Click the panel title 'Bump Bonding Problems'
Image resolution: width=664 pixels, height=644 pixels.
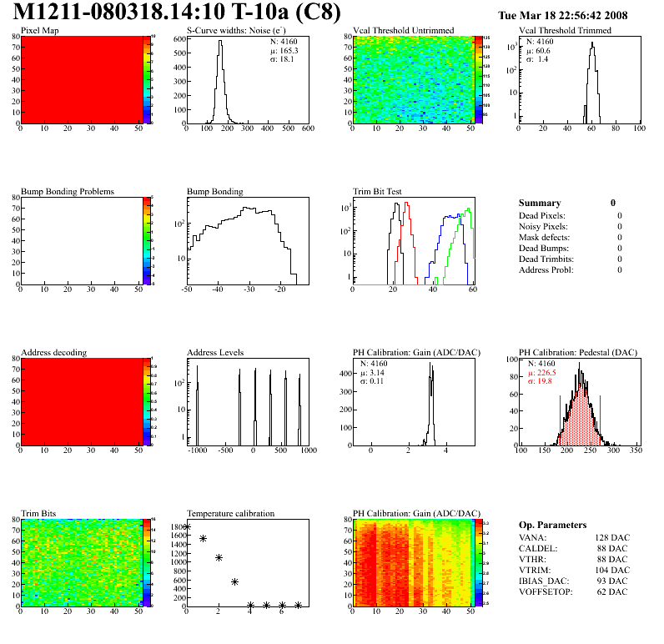(68, 191)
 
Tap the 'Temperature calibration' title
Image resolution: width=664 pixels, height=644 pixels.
(231, 513)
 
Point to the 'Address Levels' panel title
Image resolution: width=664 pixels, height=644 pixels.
(216, 352)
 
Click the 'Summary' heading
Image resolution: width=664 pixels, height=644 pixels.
(540, 203)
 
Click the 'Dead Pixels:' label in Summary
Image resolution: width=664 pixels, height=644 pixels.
(542, 216)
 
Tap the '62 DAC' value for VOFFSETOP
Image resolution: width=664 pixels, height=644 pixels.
(613, 592)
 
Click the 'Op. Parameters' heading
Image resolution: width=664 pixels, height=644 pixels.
(552, 525)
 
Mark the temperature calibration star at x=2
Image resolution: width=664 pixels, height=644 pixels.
(219, 557)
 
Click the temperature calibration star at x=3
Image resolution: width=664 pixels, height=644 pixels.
(235, 581)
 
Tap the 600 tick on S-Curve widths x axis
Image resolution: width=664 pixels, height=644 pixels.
(307, 130)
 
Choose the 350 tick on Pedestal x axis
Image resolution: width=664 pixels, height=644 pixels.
(635, 451)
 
